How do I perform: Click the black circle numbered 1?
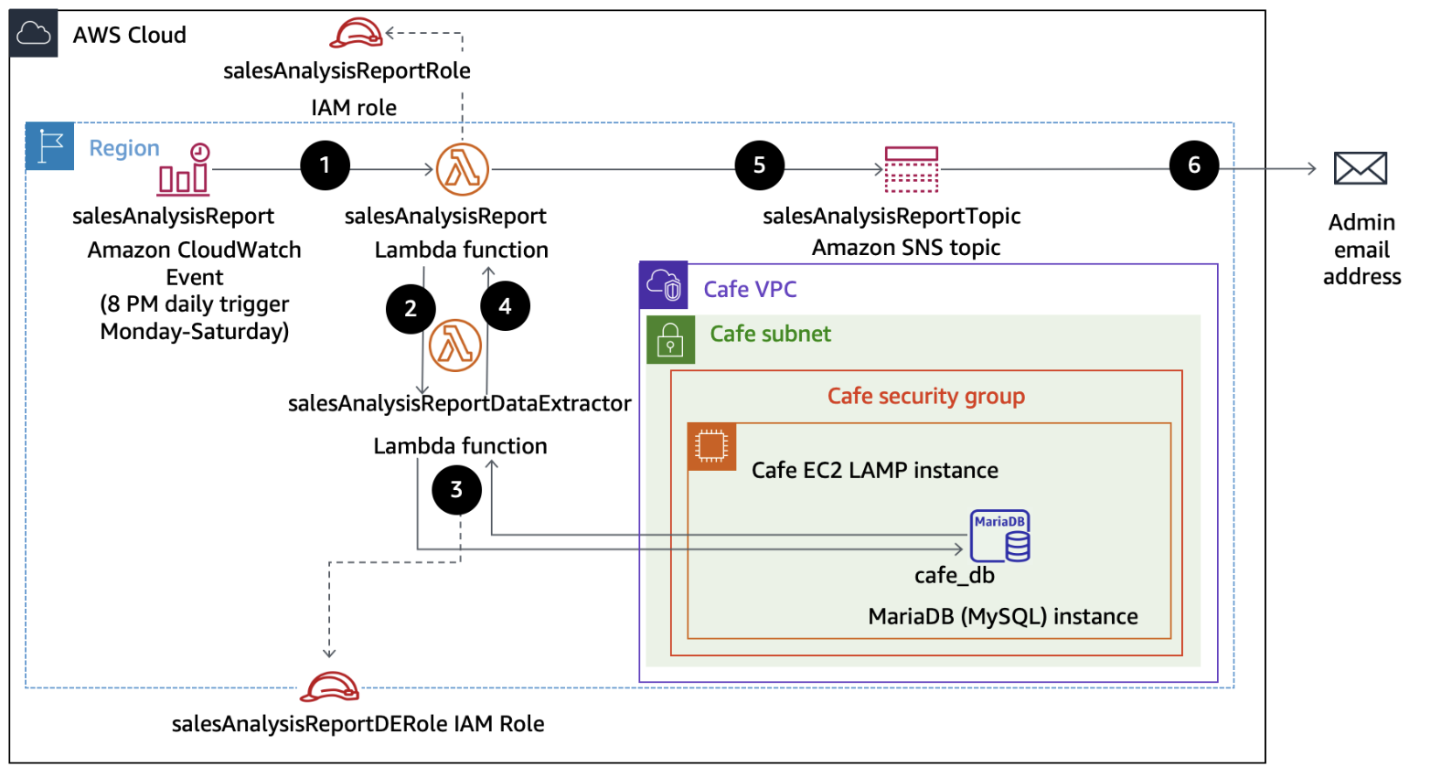coord(325,165)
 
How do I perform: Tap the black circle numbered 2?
coord(411,309)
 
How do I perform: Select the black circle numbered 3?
coord(456,490)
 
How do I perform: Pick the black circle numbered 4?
coord(505,306)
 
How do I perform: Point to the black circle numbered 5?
coord(759,165)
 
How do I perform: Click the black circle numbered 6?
coord(1193,165)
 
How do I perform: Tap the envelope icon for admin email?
coord(1360,168)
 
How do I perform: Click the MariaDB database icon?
coord(1000,536)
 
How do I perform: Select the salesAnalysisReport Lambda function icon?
coord(462,169)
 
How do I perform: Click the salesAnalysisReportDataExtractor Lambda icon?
coord(455,346)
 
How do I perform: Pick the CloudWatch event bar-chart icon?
coord(185,170)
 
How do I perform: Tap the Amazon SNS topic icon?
coord(912,169)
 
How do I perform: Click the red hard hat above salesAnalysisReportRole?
coord(356,33)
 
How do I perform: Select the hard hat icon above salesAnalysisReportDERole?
coord(329,687)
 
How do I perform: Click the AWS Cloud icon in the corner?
coord(34,35)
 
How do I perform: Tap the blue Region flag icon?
coord(50,146)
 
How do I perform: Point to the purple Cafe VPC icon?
coord(664,285)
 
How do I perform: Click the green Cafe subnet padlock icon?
coord(670,340)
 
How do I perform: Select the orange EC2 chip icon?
coord(711,447)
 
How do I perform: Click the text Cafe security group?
coord(925,396)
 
